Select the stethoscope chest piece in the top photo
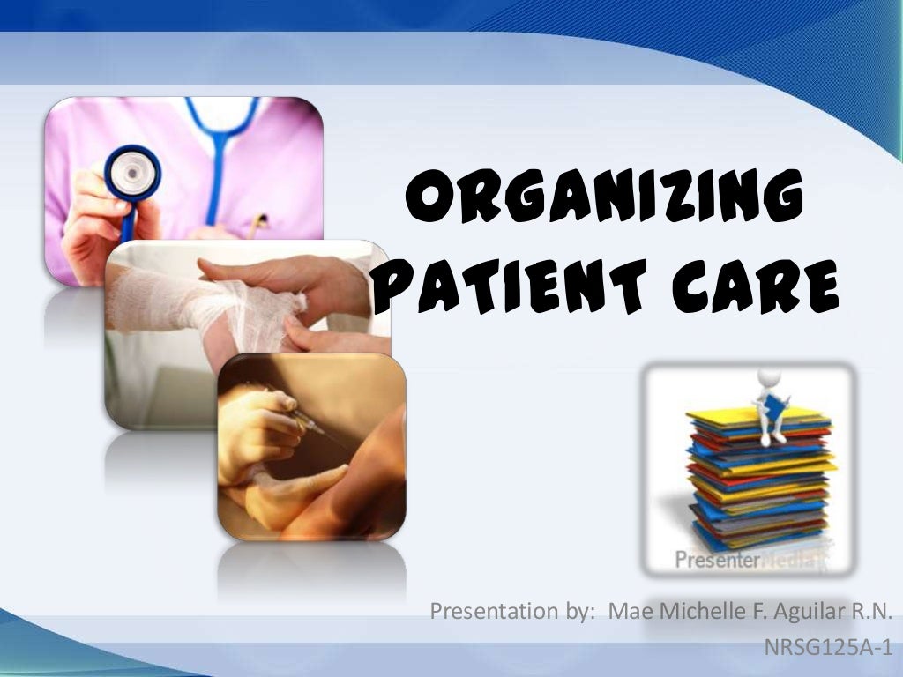pyautogui.click(x=133, y=173)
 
